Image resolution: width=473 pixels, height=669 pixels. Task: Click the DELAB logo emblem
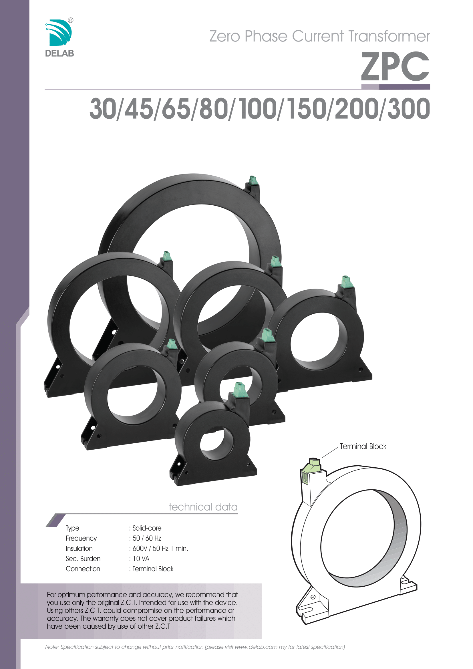(x=59, y=32)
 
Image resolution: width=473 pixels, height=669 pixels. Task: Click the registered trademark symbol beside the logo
(x=70, y=20)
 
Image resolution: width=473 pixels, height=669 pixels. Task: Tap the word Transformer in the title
(x=389, y=36)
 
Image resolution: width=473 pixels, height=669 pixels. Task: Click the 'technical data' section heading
(x=203, y=507)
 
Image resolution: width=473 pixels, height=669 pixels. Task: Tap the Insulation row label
(x=79, y=548)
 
